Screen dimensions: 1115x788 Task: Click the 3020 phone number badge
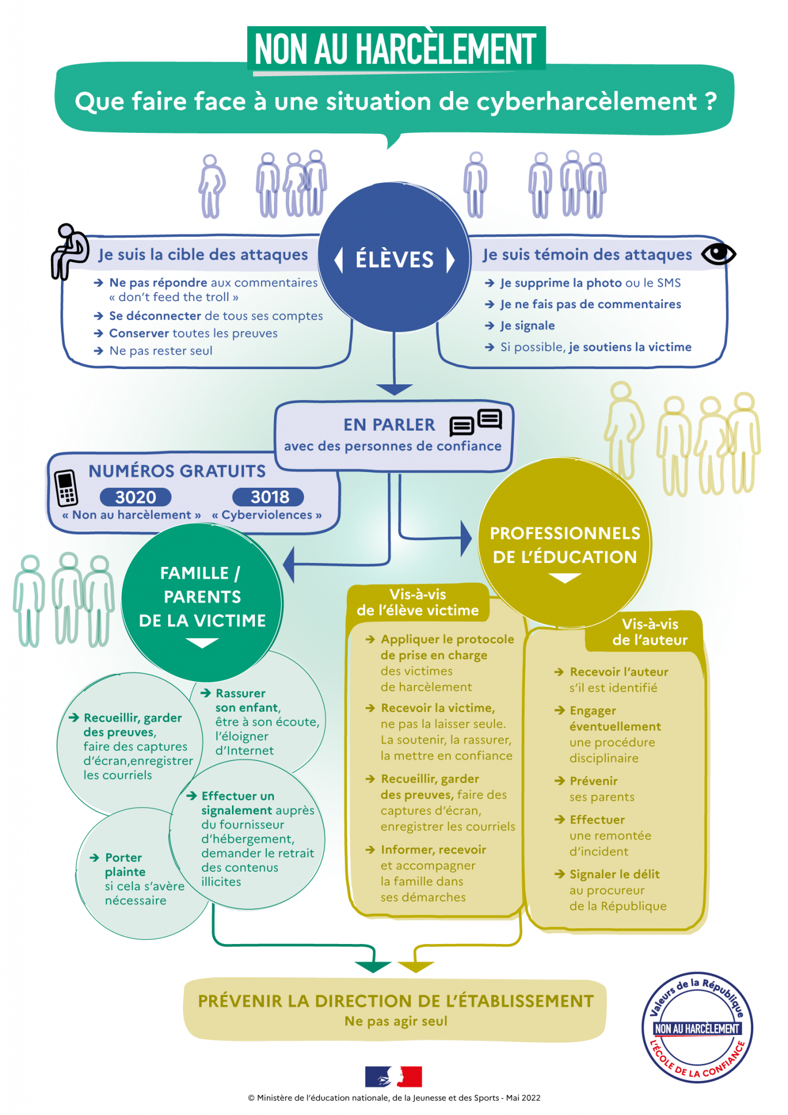point(136,497)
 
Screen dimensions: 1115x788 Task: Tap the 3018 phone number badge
point(268,497)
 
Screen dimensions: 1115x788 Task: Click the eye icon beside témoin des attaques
point(718,254)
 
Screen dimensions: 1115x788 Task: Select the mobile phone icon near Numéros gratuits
point(66,488)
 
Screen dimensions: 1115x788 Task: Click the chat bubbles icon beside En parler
point(475,422)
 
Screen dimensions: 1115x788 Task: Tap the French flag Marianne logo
point(393,1076)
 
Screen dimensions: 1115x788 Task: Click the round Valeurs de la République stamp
point(697,1027)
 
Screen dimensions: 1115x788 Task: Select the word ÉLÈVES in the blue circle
point(394,260)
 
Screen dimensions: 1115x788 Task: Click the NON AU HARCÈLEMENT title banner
point(396,49)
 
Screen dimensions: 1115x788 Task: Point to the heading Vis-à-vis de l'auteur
point(650,632)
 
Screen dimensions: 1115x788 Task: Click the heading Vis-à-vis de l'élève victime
point(418,603)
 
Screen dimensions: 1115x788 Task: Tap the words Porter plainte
point(125,865)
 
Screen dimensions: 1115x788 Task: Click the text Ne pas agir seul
point(396,1021)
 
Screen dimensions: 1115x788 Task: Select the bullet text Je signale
point(527,326)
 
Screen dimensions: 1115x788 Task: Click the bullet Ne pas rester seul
point(161,351)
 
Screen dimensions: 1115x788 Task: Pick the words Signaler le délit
point(614,874)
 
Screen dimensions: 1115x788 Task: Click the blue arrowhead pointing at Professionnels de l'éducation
point(466,538)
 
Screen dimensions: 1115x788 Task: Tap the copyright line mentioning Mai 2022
point(394,1098)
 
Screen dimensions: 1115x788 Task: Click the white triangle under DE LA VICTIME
point(202,643)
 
